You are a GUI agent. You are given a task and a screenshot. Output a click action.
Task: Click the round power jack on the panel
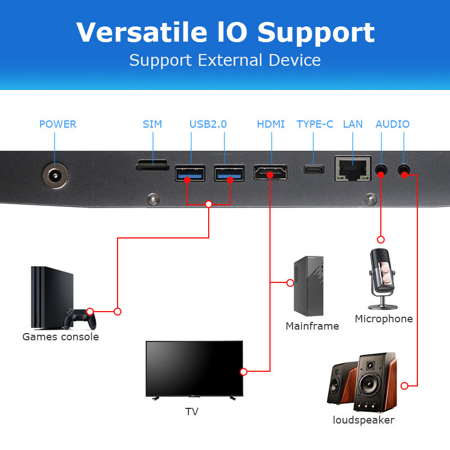(55, 176)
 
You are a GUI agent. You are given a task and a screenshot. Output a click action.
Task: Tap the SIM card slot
(152, 165)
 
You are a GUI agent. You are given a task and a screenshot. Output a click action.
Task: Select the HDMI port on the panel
(271, 172)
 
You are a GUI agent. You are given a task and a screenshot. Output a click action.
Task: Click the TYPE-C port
(314, 169)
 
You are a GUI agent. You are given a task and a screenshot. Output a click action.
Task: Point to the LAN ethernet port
(353, 168)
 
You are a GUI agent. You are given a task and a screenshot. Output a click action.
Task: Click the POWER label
(57, 124)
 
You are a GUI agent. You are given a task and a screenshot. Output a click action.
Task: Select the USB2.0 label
(208, 124)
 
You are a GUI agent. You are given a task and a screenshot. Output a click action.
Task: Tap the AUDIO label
(393, 124)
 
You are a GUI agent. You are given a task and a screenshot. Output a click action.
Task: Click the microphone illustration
(382, 278)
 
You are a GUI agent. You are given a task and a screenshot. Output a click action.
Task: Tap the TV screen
(194, 368)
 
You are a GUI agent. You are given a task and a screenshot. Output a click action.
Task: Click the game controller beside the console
(79, 319)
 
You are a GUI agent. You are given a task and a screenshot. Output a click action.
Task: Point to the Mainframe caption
(312, 326)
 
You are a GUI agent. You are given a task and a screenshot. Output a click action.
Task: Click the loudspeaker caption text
(363, 420)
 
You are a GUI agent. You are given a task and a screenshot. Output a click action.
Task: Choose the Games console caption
(60, 337)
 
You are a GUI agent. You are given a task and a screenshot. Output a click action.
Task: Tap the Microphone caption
(384, 319)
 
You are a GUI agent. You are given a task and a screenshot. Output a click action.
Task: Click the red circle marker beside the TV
(244, 371)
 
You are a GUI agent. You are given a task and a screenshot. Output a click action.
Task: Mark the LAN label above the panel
(353, 124)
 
